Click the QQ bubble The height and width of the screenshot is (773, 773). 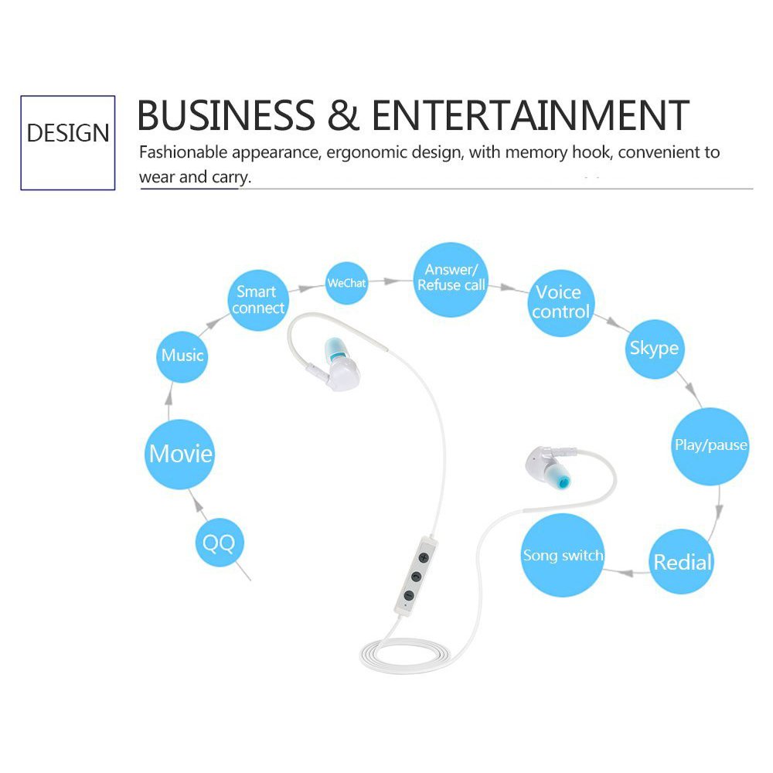tap(220, 543)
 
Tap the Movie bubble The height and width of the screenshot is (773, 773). tap(180, 453)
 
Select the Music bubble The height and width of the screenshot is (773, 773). tap(182, 356)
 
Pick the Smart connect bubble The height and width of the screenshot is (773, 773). tap(258, 301)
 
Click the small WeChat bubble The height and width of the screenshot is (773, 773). tap(346, 284)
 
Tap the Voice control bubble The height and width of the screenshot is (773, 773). tap(561, 302)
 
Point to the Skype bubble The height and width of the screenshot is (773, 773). tap(654, 348)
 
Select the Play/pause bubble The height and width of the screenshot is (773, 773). tap(710, 446)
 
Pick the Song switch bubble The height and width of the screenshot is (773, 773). tap(563, 555)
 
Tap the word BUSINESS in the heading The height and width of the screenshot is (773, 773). tap(226, 115)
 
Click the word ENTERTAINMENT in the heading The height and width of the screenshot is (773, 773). tap(530, 115)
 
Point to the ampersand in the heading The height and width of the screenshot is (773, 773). tap(343, 115)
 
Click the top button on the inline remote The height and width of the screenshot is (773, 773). tap(422, 557)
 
